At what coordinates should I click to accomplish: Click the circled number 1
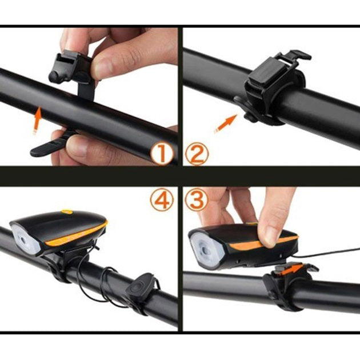(163, 154)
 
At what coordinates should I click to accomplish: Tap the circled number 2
(197, 154)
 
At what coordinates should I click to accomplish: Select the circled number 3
(197, 200)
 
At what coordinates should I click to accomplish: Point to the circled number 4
(163, 200)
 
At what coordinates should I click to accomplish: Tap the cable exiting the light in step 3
(331, 251)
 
